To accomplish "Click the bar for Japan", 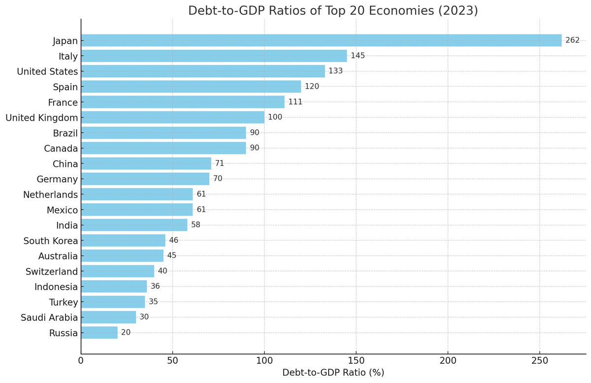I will tap(321, 40).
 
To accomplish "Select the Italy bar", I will tap(214, 56).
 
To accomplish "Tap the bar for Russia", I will tap(99, 333).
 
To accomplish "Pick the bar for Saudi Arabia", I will tap(108, 317).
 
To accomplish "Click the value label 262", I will tap(572, 40).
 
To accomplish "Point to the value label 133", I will tap(335, 71).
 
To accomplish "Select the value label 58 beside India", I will tap(196, 225).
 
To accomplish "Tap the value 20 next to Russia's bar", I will tap(126, 333).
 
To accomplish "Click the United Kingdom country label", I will tap(41, 118).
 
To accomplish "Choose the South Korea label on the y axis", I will tap(51, 241).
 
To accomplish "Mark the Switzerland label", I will tap(51, 272).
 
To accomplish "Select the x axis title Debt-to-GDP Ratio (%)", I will tap(333, 373).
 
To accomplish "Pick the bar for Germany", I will tap(145, 178).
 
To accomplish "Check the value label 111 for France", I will tap(295, 102).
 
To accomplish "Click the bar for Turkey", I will tap(113, 302).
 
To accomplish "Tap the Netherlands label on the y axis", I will tap(50, 195).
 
